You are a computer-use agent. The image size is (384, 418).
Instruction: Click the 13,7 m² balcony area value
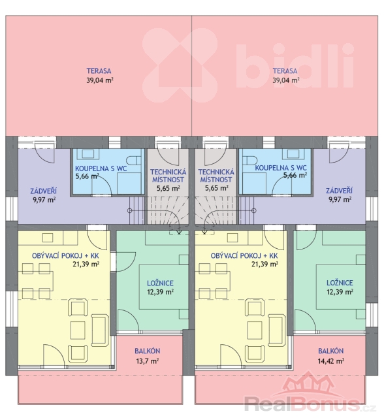tap(148, 361)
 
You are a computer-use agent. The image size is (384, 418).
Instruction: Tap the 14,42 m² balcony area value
tap(330, 361)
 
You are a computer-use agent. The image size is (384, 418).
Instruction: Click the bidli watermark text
tap(295, 65)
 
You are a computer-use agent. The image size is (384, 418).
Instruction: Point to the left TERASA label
tap(99, 71)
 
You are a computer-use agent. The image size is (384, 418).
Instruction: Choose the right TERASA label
tap(285, 71)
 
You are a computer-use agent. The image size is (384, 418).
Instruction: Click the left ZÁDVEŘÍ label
tap(44, 191)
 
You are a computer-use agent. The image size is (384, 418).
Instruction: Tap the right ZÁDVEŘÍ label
tap(339, 191)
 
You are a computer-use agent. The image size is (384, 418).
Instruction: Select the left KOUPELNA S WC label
tap(101, 169)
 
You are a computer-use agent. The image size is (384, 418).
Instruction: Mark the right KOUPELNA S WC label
tap(281, 168)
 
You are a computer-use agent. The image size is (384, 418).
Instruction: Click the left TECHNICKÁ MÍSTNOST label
tap(168, 176)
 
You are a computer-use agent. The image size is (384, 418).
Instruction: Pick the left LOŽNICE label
tap(160, 283)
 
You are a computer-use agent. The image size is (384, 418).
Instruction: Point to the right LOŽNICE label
tap(340, 283)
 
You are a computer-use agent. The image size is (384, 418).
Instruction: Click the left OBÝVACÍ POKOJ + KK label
tap(65, 256)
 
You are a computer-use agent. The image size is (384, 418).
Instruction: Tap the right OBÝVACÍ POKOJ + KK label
tap(244, 256)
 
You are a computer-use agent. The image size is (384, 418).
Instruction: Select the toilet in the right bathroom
tap(250, 161)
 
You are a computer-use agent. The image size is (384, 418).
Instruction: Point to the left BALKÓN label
tap(148, 351)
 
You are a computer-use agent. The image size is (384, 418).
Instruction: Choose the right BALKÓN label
tap(330, 351)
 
